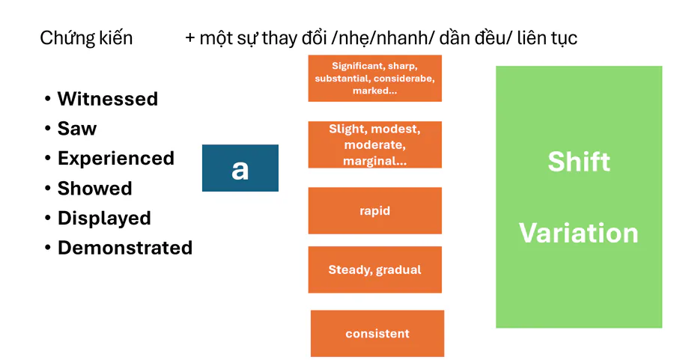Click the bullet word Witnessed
click(x=108, y=99)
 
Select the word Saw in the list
click(x=77, y=129)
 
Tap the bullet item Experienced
click(x=116, y=159)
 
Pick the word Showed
click(x=95, y=189)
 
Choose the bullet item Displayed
click(x=104, y=219)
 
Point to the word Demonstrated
click(x=125, y=248)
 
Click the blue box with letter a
click(x=240, y=168)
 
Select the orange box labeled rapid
click(x=375, y=210)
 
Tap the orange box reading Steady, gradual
click(x=375, y=269)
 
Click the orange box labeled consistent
click(x=377, y=333)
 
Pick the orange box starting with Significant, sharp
click(x=375, y=78)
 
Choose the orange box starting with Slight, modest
click(x=375, y=144)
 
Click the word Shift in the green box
click(x=579, y=162)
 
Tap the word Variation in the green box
click(x=579, y=234)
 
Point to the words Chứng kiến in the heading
click(x=86, y=38)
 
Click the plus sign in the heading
click(x=189, y=38)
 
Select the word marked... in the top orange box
click(x=375, y=91)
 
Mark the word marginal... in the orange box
click(x=375, y=161)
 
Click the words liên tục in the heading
click(x=547, y=38)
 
